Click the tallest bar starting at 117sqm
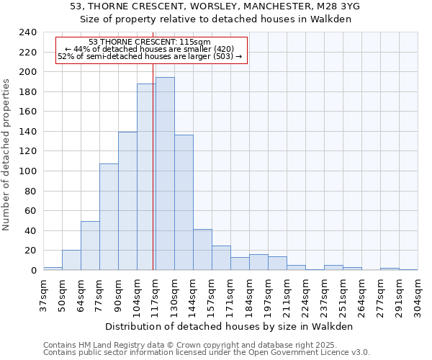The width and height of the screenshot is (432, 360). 165,174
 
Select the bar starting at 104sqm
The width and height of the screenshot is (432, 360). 146,176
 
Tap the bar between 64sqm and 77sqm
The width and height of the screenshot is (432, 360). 90,246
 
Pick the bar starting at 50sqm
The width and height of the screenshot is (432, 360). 71,260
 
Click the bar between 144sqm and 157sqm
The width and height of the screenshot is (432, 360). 202,249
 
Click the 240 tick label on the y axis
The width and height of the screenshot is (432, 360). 27,32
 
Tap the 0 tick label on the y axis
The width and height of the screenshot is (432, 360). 33,270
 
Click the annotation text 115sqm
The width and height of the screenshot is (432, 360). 196,42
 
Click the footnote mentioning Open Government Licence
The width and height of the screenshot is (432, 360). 206,353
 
